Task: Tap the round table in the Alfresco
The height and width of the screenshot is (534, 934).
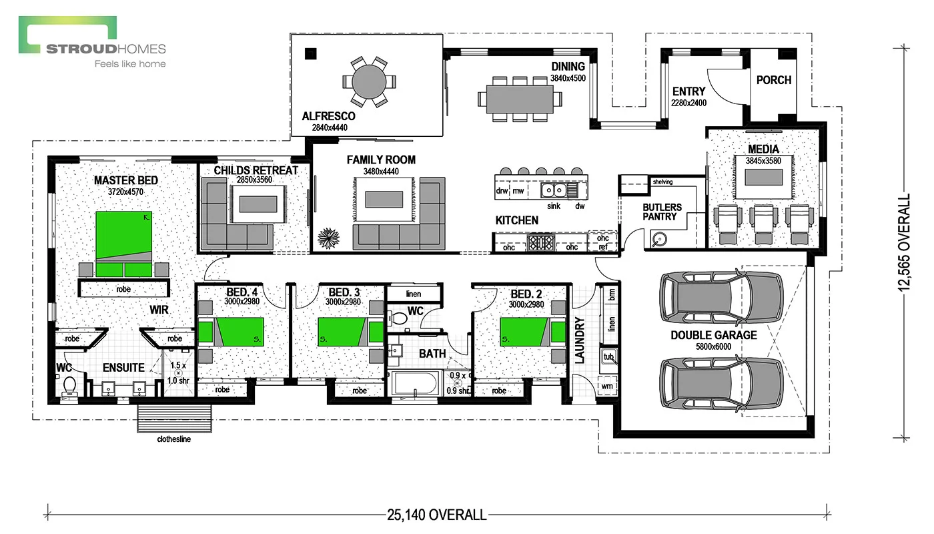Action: coord(368,82)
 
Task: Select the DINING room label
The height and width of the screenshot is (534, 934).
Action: coord(568,66)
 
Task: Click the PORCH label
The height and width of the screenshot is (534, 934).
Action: coord(773,80)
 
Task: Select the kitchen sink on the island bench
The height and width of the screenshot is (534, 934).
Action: coord(553,191)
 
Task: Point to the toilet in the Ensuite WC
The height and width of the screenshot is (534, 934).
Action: coord(69,386)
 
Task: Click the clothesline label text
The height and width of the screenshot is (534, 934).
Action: coord(174,439)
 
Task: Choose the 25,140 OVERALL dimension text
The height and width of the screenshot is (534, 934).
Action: coord(437,515)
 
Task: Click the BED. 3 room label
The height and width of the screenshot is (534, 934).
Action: coord(344,293)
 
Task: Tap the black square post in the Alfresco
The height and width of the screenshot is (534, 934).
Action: coord(310,54)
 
